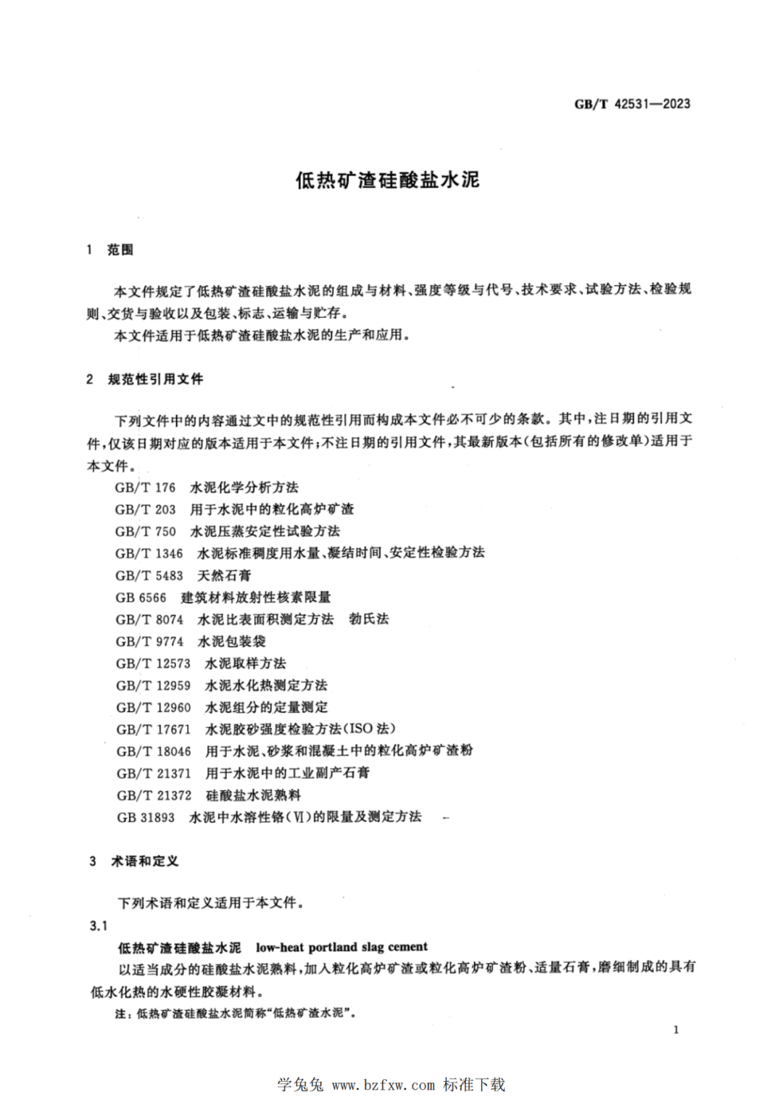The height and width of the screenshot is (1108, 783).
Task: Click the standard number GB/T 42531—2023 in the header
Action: pos(632,104)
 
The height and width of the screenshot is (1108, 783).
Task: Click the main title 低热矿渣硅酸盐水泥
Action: pos(387,180)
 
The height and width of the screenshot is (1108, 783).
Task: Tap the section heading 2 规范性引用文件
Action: pos(144,379)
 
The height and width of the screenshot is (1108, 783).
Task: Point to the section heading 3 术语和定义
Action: pos(133,861)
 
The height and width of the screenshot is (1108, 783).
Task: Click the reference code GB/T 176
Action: pos(145,487)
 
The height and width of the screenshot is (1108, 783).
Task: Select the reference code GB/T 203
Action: pos(145,509)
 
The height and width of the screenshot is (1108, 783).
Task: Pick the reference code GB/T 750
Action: pos(145,531)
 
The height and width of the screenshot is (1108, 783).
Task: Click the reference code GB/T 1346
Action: pos(149,553)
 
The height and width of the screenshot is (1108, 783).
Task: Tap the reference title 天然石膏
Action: pos(225,575)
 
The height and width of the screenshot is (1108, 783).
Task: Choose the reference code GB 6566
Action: pos(141,598)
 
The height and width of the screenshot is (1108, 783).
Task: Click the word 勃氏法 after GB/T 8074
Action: pos(368,619)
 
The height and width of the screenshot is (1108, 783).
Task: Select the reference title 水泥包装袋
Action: pos(231,641)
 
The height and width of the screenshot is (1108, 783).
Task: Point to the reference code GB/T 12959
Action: pos(153,685)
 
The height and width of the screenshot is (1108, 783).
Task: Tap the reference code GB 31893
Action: pos(146,817)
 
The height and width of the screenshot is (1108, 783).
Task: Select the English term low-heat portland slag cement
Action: pos(341,947)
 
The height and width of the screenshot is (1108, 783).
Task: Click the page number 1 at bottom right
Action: pos(676,1030)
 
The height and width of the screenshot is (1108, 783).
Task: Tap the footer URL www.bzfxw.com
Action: pos(383,1086)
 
